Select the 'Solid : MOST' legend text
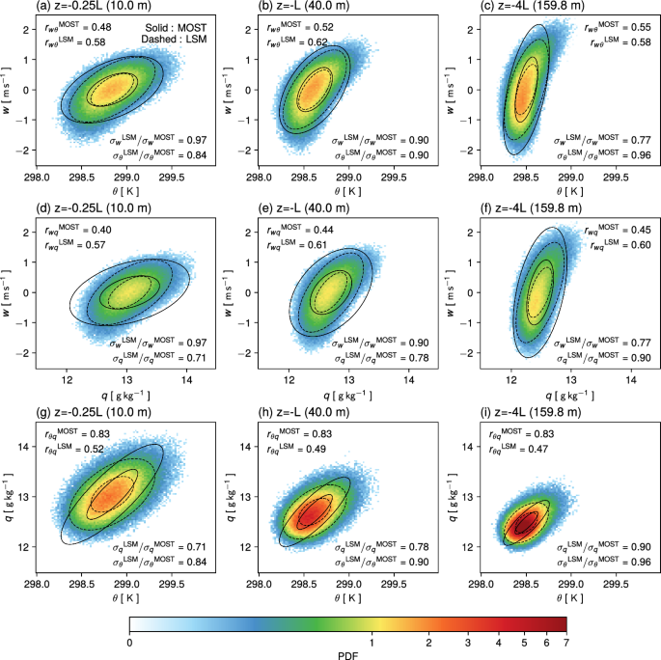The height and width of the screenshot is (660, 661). (x=176, y=28)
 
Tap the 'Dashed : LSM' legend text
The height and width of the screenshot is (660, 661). (x=174, y=40)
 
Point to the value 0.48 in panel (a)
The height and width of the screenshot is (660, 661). (x=101, y=27)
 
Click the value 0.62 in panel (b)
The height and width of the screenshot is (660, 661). (x=317, y=42)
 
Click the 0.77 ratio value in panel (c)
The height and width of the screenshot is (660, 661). (x=641, y=140)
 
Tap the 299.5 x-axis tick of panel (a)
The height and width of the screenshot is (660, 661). (x=172, y=178)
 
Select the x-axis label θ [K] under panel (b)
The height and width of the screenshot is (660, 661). (x=347, y=191)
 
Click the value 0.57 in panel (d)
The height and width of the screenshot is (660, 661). (x=96, y=245)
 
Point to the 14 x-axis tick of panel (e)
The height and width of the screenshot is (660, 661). (x=408, y=380)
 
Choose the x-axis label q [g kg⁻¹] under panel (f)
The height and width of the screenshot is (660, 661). (x=570, y=396)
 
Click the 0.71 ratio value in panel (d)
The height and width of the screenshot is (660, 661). (x=197, y=358)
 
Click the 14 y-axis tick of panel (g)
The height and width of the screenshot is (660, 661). (x=23, y=447)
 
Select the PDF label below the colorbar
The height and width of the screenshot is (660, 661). (x=347, y=655)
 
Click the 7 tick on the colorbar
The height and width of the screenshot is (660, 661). (x=566, y=643)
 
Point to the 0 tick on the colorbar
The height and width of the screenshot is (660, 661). (x=129, y=643)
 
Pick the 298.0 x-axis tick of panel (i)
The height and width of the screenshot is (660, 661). (x=481, y=584)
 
